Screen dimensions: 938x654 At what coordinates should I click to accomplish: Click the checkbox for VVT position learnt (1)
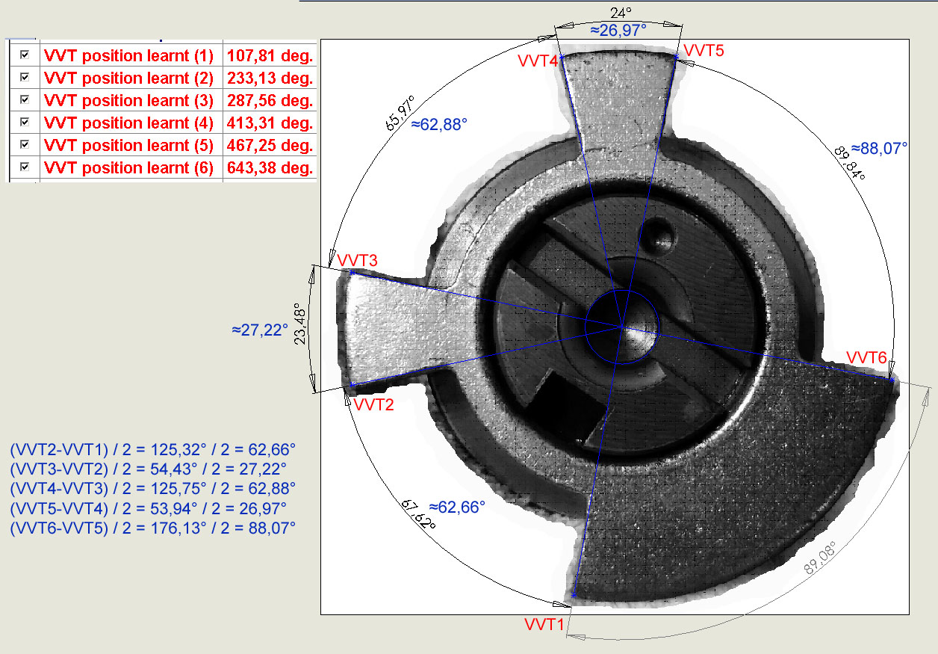(25, 55)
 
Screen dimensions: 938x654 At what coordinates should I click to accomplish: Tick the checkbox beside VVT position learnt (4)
(25, 122)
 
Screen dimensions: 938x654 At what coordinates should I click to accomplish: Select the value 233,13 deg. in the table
(270, 78)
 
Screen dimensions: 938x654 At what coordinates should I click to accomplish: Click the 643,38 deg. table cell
(270, 167)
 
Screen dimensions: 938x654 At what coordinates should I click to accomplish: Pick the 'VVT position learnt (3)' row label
(128, 101)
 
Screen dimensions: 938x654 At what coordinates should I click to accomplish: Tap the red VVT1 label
(544, 625)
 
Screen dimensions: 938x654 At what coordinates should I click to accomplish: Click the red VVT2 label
(373, 404)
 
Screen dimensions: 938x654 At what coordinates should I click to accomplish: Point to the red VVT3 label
(357, 260)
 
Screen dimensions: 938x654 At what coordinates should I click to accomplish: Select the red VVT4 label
(538, 61)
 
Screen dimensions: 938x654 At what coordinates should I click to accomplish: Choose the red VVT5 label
(703, 51)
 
